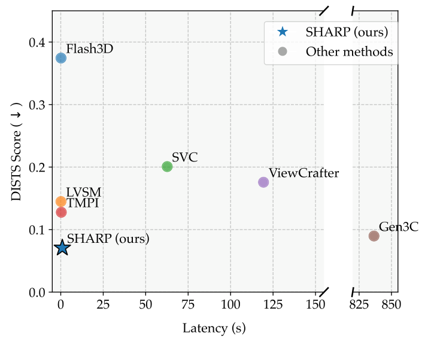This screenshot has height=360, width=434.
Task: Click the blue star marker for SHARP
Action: coord(62,248)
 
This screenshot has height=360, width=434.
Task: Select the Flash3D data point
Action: coord(61,58)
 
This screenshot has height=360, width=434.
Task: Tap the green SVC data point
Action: coord(167,166)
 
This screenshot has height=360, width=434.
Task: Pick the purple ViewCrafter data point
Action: coord(263,182)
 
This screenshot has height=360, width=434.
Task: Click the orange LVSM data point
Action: coord(61,202)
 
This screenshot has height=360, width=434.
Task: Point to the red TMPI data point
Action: coord(61,212)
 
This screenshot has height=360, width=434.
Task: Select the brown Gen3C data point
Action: coord(374,236)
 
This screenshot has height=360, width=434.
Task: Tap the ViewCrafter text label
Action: coord(304,173)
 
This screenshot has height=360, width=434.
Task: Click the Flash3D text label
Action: coord(89,49)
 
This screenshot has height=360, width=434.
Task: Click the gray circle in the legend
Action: coord(283,51)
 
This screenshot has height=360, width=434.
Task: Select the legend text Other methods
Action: coord(349,51)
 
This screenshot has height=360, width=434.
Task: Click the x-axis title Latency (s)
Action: coord(214,328)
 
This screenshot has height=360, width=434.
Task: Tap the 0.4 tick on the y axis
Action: coord(39,42)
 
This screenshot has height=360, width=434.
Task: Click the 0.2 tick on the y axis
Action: coord(39,167)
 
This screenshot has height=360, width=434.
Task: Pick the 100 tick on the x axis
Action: coord(230,304)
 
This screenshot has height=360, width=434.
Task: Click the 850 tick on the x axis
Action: coord(391,304)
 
